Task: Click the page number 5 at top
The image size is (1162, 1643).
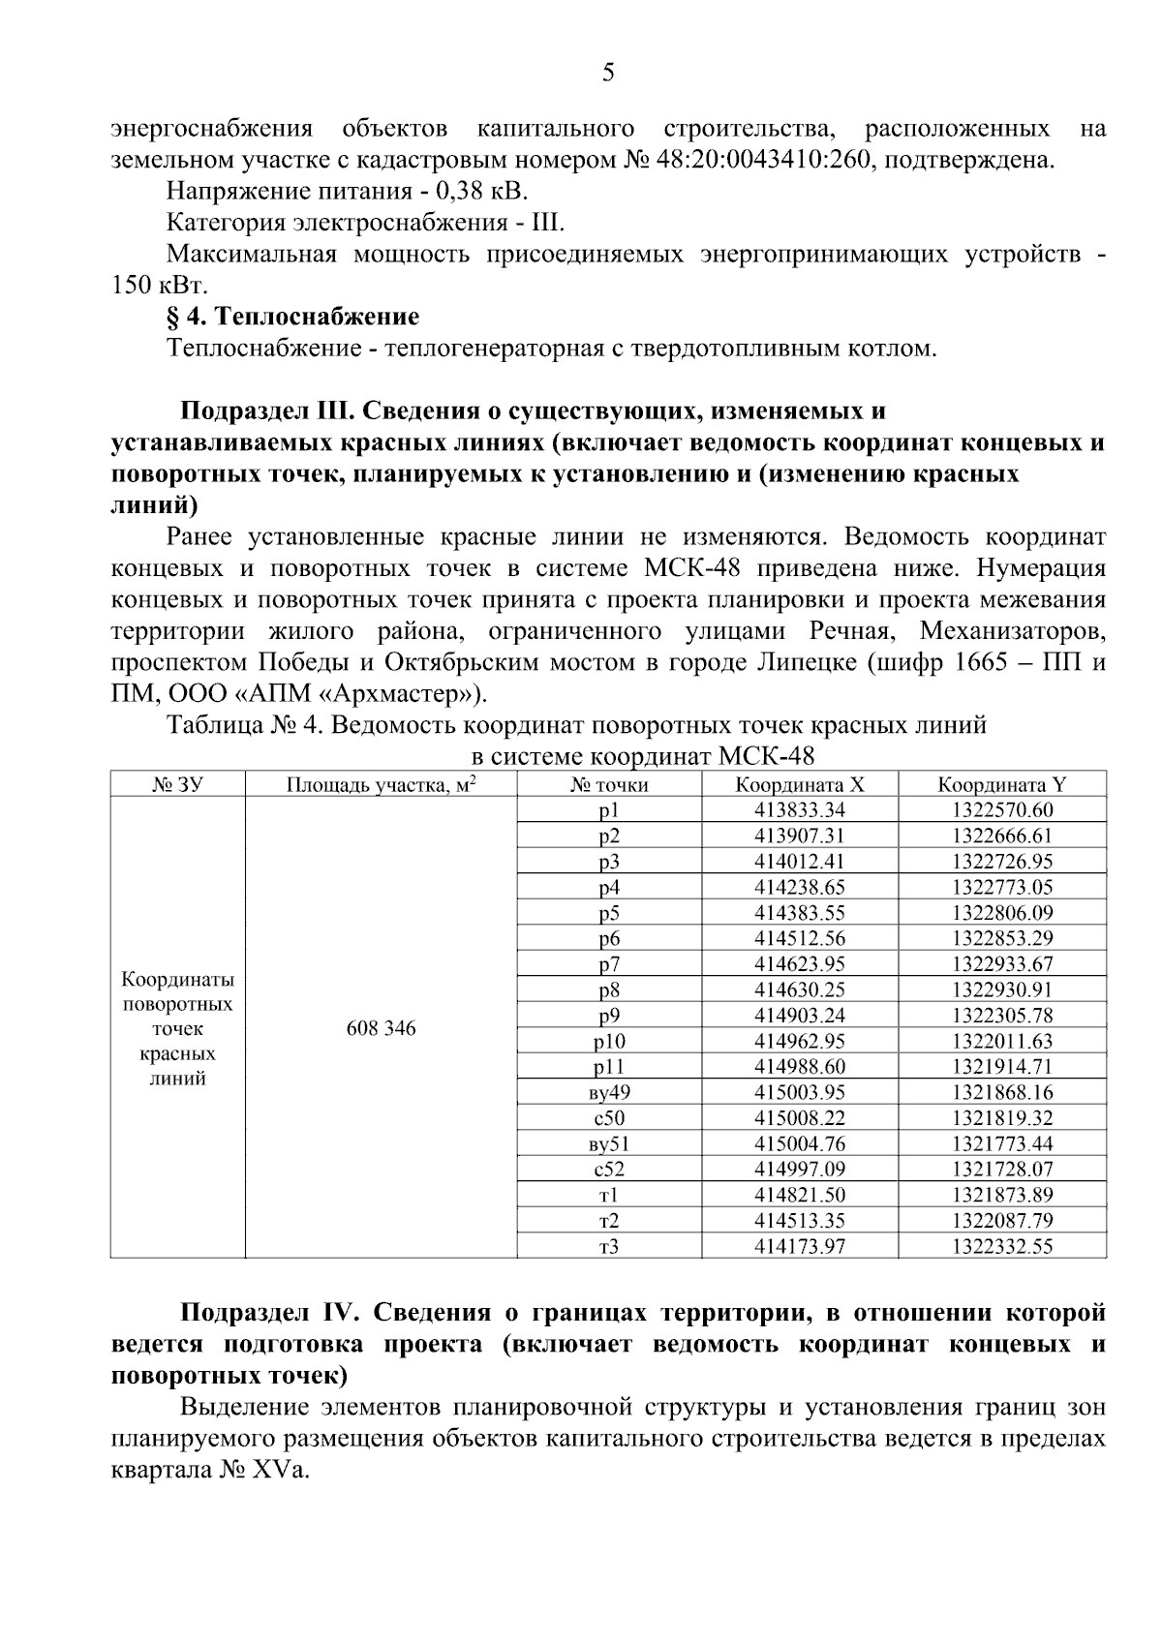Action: tap(608, 73)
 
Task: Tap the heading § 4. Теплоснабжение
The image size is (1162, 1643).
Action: tap(292, 317)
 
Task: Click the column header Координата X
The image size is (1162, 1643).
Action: tap(799, 785)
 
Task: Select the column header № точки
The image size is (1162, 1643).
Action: tap(609, 785)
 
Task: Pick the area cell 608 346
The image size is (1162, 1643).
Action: tap(381, 1028)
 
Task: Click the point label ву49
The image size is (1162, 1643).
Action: tap(609, 1093)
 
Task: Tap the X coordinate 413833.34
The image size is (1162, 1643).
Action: tap(799, 810)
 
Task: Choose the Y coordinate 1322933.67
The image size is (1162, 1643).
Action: tap(1001, 964)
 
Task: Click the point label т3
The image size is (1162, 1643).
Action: tap(609, 1247)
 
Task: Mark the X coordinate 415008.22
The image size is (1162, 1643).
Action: tap(799, 1118)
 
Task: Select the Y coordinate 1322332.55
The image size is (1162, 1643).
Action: tap(1001, 1247)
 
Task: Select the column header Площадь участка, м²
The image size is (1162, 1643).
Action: tap(381, 785)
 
